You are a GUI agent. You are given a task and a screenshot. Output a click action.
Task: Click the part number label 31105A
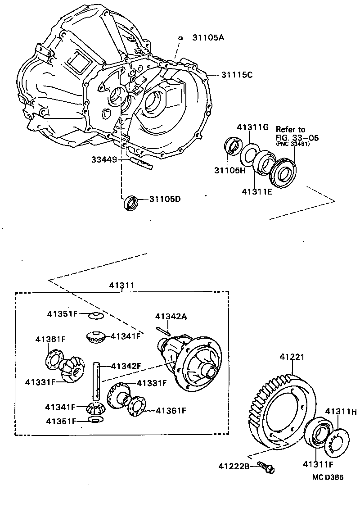click(208, 38)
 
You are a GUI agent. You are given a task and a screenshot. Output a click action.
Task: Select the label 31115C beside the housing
click(237, 75)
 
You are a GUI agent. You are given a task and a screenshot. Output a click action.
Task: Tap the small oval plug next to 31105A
click(180, 38)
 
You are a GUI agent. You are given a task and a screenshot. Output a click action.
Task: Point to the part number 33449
click(104, 159)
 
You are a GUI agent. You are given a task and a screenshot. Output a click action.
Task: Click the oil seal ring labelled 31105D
click(131, 202)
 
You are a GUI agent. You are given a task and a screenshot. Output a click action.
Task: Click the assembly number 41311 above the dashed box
click(121, 286)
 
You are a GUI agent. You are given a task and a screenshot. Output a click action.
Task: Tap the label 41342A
click(171, 316)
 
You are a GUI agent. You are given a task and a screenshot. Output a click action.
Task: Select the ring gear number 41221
click(292, 357)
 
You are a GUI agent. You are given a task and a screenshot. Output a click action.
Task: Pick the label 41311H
click(341, 411)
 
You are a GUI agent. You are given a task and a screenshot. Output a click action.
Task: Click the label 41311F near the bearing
click(318, 464)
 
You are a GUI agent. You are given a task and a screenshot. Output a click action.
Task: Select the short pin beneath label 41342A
click(163, 330)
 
